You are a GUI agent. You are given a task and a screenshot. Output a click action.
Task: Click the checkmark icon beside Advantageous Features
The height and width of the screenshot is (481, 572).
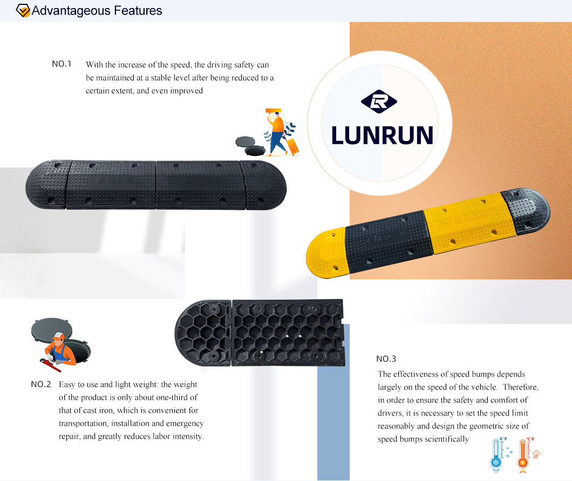pos(23,11)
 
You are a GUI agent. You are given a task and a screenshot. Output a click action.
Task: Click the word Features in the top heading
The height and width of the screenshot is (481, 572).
pos(138,11)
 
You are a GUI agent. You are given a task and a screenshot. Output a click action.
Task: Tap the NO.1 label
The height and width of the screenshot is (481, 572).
pos(62,64)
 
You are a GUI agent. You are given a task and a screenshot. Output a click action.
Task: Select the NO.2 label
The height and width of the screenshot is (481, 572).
pos(41,384)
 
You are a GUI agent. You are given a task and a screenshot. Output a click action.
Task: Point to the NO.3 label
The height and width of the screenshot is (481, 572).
pos(386,359)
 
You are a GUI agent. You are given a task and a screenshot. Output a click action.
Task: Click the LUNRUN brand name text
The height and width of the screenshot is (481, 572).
pos(382,135)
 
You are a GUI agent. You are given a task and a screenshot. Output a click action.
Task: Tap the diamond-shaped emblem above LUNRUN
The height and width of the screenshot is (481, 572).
pos(379,102)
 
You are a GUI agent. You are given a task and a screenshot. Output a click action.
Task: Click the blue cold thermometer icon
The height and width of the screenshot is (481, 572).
pos(496,455)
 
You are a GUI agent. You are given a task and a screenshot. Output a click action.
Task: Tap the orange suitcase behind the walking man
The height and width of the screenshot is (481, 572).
pos(292,146)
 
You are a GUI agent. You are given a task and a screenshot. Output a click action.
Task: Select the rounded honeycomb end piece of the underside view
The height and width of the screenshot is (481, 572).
pos(203,332)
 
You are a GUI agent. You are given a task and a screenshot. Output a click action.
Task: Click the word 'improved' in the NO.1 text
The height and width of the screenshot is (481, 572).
pos(186,91)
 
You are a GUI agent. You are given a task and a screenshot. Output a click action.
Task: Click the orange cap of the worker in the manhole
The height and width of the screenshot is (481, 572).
pos(58,336)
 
